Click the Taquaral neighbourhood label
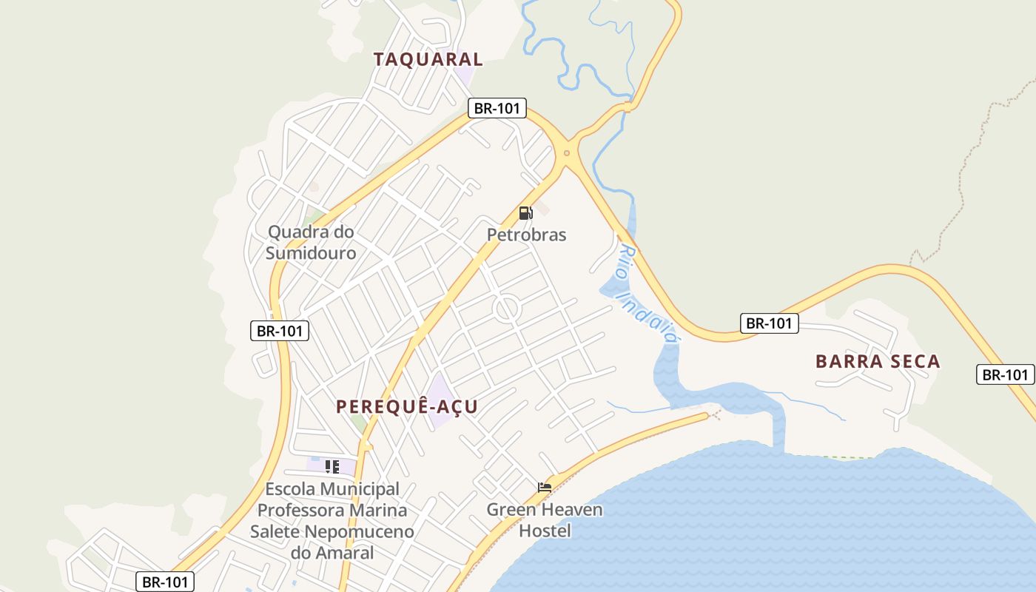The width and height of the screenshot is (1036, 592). pos(428,59)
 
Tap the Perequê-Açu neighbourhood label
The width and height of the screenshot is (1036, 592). pos(406,406)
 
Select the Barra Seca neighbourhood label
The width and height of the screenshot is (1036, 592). pos(878,361)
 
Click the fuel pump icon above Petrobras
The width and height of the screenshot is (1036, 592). pos(525,213)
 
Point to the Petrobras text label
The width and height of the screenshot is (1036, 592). pos(526,235)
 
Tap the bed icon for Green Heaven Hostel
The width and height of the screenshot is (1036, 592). pos(545,488)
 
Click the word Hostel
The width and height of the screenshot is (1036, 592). pos(545,531)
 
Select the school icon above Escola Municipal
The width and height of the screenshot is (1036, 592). pos(332,466)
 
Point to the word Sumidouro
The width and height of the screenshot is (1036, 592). pos(311,253)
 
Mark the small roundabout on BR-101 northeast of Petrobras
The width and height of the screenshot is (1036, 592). pos(567,153)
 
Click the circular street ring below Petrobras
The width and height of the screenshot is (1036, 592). pos(508,308)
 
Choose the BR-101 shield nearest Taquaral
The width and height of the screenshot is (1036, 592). pos(497,108)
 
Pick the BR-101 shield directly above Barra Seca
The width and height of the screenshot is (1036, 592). pos(769,323)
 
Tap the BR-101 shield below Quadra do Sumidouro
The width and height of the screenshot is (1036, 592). pos(280,331)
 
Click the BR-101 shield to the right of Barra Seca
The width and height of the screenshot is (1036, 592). pos(1005,374)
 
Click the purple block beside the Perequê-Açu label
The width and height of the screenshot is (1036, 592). pos(442,401)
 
